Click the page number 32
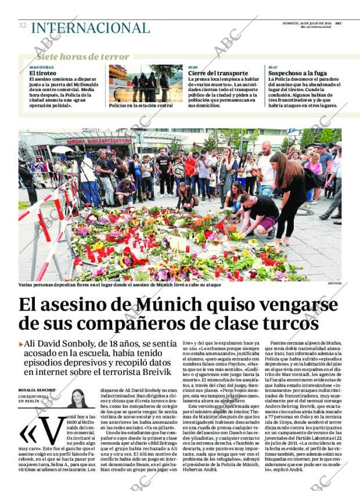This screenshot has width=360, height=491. pos(22,26)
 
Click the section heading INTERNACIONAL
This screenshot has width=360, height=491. pos(90,28)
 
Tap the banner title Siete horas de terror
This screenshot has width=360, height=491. pos(82,57)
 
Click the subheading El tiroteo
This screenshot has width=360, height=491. pos(42,74)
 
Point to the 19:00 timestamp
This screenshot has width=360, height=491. pos(193,67)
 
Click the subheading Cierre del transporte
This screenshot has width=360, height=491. pos(214,73)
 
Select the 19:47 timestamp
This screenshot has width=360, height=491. pos(273,67)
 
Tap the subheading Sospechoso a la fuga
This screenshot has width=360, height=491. pos(297,73)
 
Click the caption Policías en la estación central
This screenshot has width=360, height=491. pos(141,106)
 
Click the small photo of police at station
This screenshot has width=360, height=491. pos(145,83)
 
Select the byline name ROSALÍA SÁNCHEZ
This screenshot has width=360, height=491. pos(38,390)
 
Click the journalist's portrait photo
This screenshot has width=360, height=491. pos(78,398)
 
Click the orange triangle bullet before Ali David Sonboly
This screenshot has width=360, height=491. pos(21,344)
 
